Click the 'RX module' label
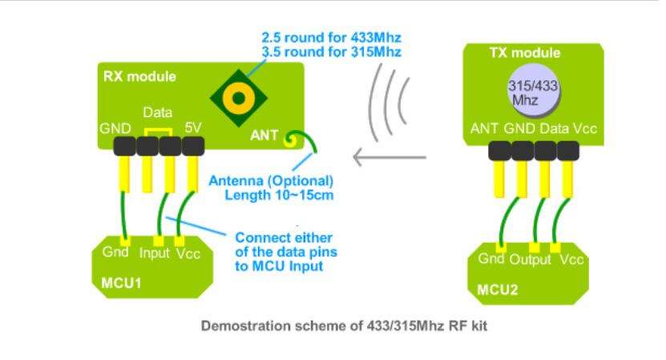[139, 78]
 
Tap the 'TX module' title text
[524, 54]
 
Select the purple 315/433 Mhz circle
[533, 91]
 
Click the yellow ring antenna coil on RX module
[237, 97]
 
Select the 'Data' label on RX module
[157, 115]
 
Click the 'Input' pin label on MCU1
[154, 253]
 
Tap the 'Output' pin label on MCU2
[532, 259]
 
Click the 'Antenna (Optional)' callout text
[271, 180]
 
